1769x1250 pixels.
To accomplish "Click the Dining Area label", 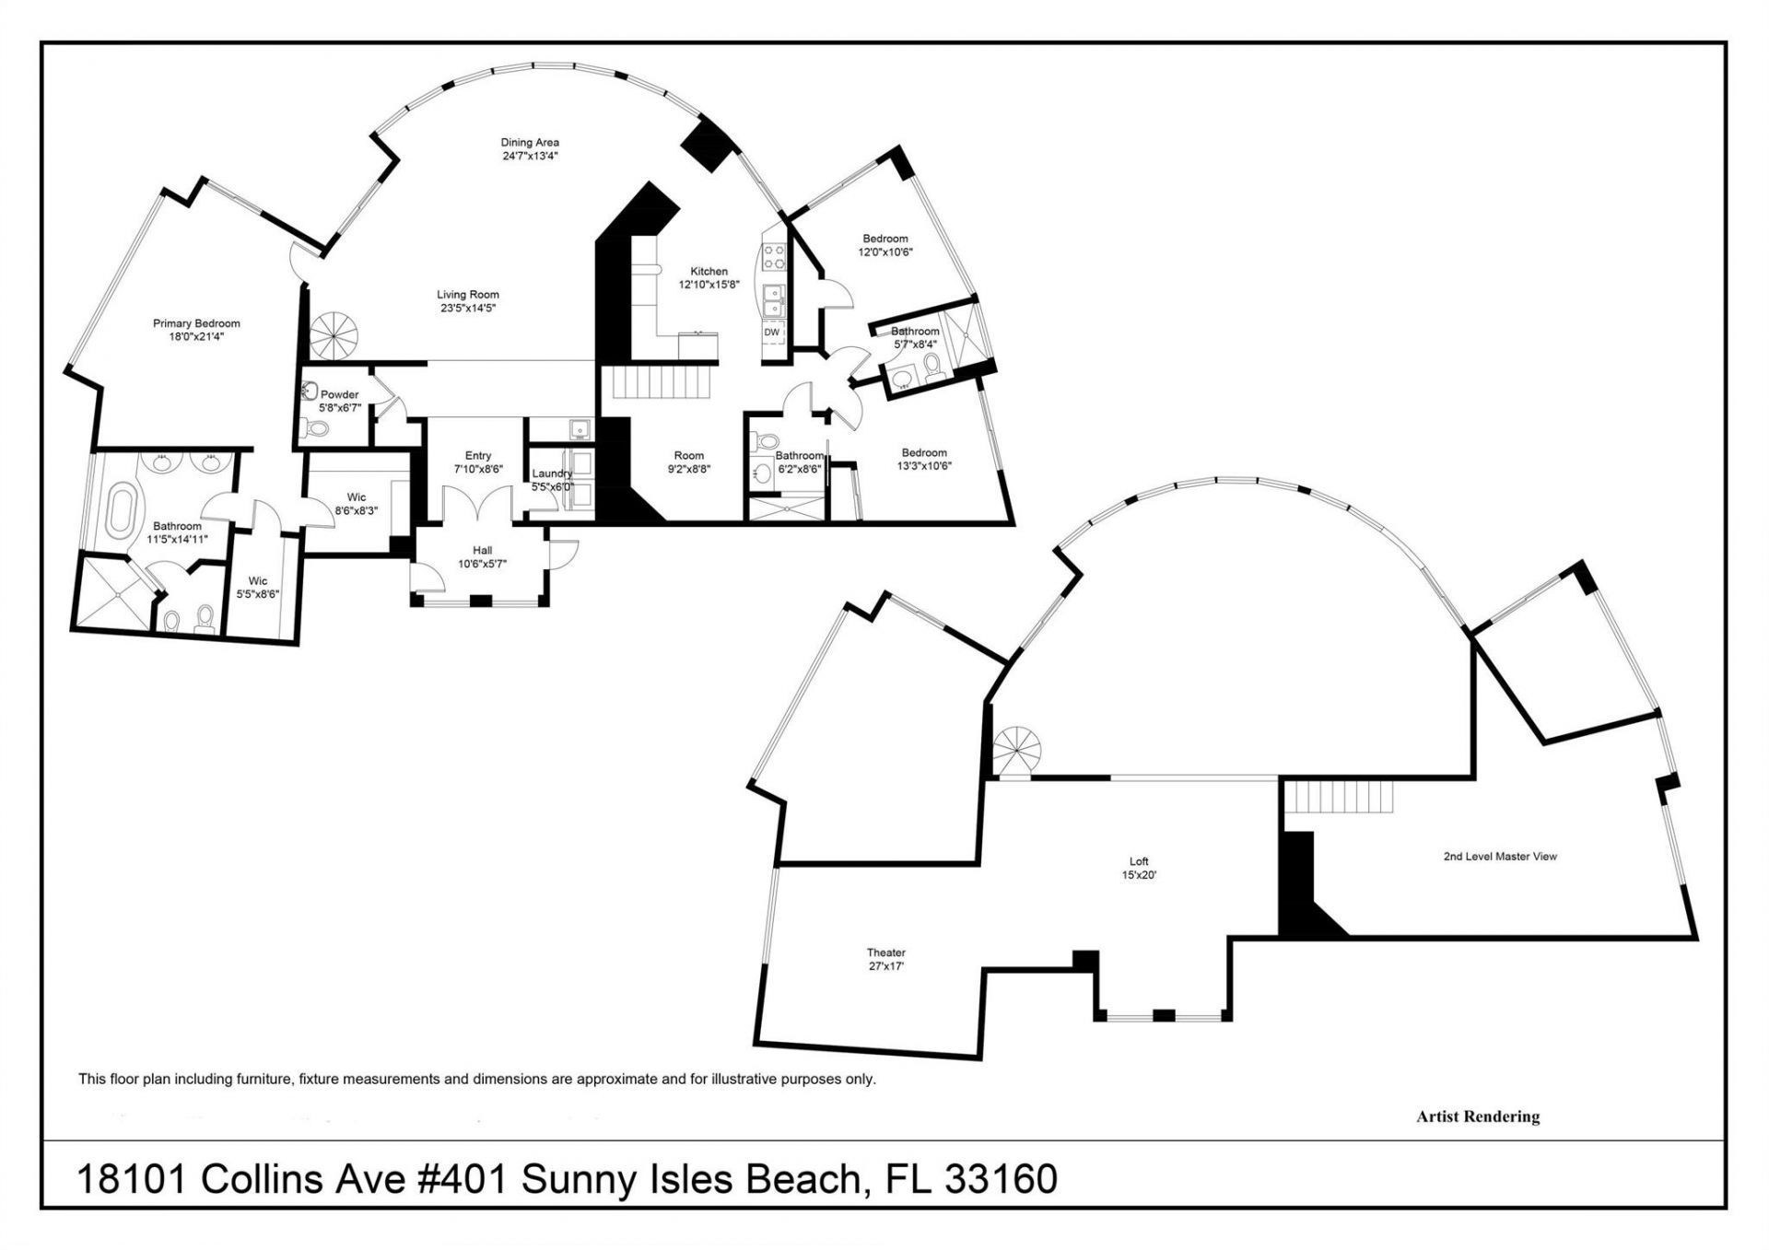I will coord(530,143).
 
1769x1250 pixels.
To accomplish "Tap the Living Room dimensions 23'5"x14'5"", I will coord(468,309).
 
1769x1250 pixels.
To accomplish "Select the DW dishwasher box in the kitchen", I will coord(772,333).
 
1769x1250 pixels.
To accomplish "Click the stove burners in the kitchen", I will coord(774,255).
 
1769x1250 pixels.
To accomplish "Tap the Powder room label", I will coord(339,394).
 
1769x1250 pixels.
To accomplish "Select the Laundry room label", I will coord(552,473).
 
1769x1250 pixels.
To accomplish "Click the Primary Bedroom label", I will coord(196,323).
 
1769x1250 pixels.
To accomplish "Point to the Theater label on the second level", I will coord(885,952).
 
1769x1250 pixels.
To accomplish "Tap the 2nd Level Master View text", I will coord(1500,856).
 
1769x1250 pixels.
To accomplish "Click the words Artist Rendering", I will coord(1478,1116).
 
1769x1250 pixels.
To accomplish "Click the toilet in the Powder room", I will coord(317,428).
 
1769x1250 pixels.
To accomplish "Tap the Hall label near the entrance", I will coord(482,551).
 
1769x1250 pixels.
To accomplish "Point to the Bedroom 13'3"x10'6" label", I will coord(924,452).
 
